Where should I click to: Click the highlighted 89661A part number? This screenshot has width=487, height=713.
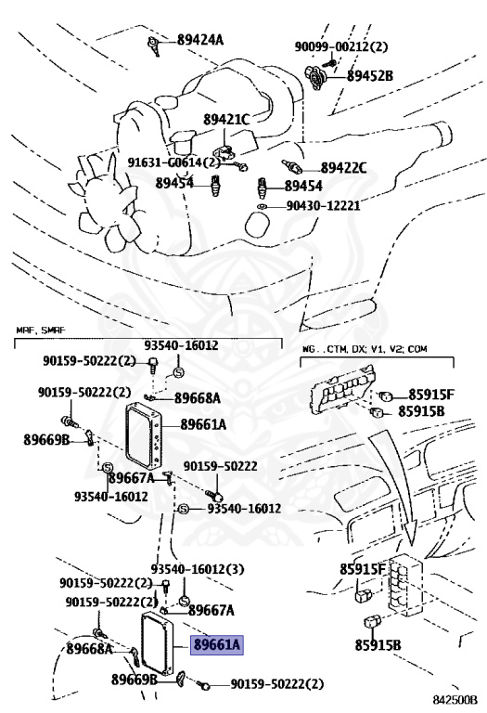coord(217,645)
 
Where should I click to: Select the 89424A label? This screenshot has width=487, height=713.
coord(199,40)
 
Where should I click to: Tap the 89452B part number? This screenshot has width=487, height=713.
coord(370,75)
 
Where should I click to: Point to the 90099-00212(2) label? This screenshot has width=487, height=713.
coord(340,45)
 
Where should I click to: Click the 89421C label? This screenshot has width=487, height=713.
coord(226,119)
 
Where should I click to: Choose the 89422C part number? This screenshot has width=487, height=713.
coord(343,168)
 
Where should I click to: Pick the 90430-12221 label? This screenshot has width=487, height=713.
coord(323,206)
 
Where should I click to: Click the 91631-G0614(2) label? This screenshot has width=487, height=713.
coord(173,162)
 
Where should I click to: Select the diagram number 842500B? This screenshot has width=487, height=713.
coord(455,699)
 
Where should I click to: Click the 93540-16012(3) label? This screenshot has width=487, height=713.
coord(198,568)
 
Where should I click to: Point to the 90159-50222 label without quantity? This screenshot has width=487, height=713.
coord(220,466)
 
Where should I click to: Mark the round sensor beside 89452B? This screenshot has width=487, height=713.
coord(314,77)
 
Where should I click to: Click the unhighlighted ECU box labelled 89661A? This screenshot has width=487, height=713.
coord(144,434)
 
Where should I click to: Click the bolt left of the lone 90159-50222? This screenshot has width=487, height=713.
coord(213,493)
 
